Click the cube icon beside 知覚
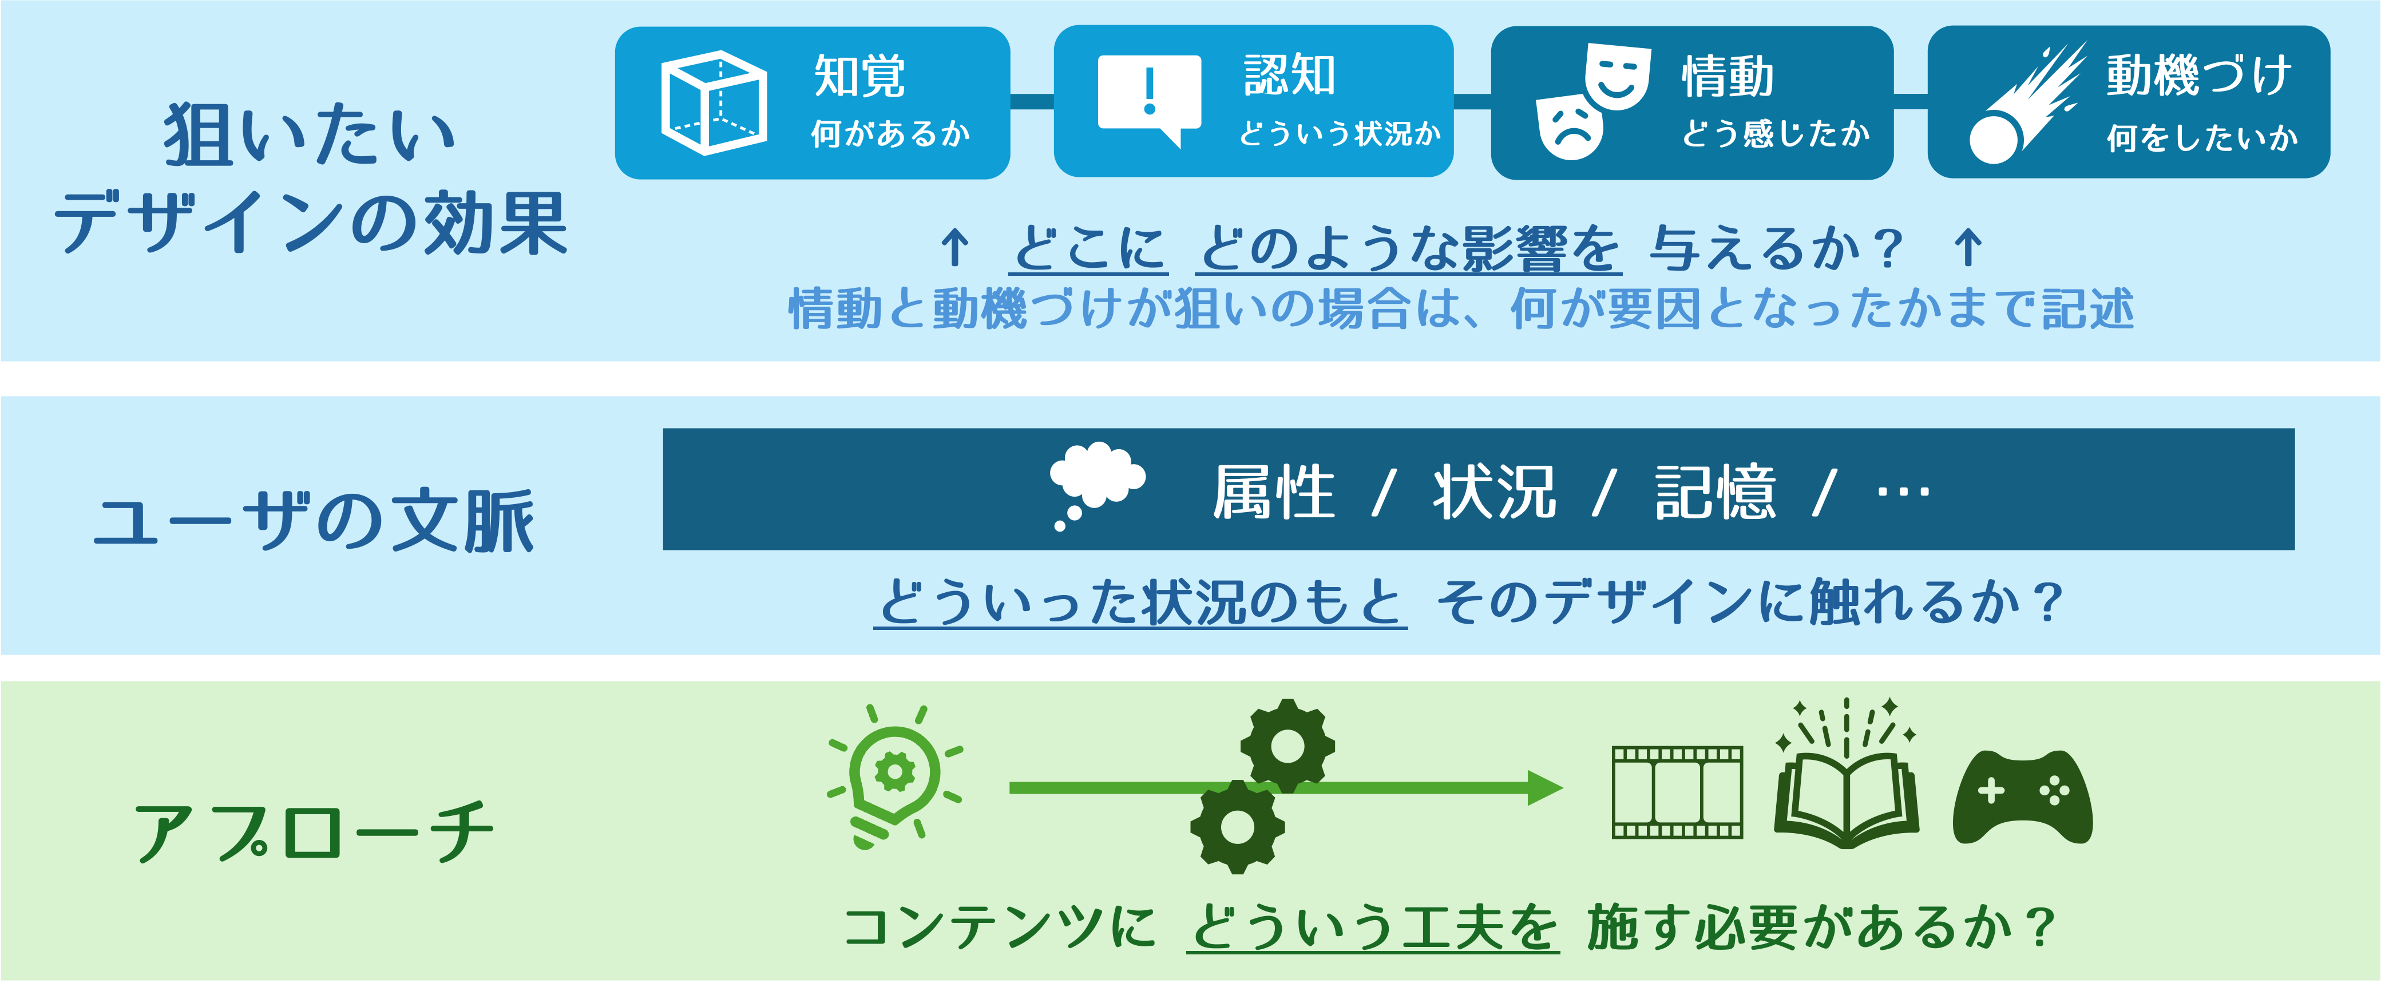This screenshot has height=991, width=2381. [714, 102]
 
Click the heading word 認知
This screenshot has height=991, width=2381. [1289, 76]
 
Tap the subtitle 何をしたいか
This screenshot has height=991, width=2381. [2202, 138]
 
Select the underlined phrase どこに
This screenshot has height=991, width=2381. [1089, 249]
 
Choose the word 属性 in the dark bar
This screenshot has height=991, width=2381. [1274, 492]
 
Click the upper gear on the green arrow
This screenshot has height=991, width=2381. [1286, 745]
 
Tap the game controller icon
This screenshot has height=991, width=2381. [2022, 797]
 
